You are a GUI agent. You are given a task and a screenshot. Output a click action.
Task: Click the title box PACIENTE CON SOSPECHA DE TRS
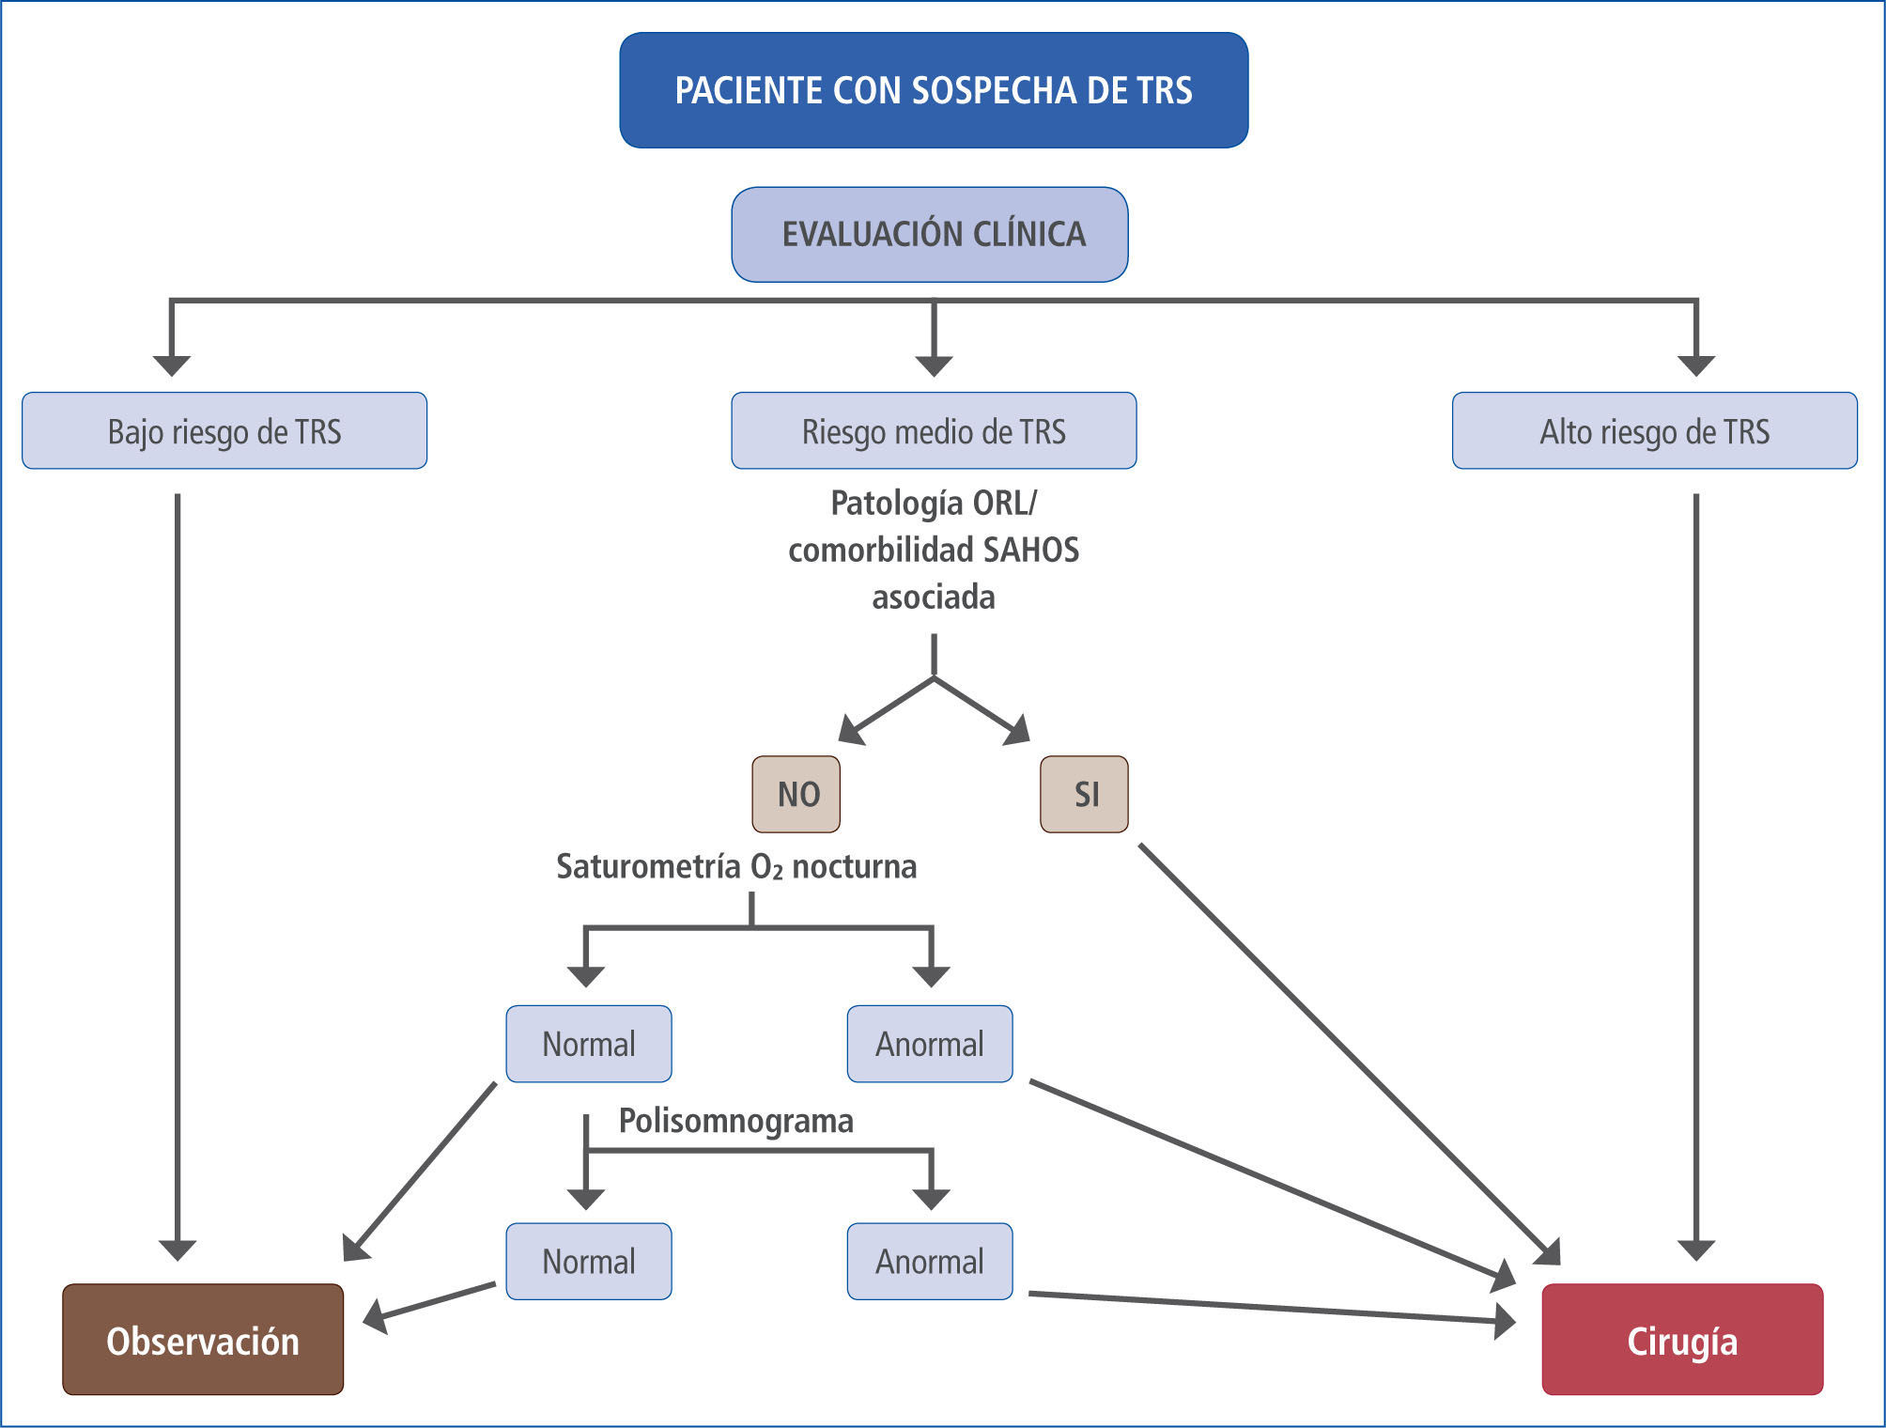934,90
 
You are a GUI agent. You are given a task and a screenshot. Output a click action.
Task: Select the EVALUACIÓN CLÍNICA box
930,234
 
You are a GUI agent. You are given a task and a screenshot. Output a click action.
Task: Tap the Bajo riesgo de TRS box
224,431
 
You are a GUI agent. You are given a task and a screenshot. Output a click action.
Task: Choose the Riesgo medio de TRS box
934,431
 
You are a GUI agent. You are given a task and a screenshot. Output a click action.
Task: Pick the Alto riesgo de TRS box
1654,431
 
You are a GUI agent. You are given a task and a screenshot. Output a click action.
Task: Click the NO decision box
796,795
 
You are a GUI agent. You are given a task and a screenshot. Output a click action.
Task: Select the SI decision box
1084,795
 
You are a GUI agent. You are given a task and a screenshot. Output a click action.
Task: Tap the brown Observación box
203,1340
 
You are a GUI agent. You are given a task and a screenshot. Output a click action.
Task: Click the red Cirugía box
1682,1340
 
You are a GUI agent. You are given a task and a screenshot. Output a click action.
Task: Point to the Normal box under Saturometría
589,1045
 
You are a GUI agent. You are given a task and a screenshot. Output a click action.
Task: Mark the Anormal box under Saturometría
930,1045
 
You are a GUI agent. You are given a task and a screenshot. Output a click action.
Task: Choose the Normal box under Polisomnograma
589,1262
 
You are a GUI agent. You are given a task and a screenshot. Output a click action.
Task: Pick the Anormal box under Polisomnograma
930,1262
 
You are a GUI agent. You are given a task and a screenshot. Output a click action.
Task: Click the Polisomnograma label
735,1121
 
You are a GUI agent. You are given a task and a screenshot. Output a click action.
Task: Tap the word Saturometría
648,866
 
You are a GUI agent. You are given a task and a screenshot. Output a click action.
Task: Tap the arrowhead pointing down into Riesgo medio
934,365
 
